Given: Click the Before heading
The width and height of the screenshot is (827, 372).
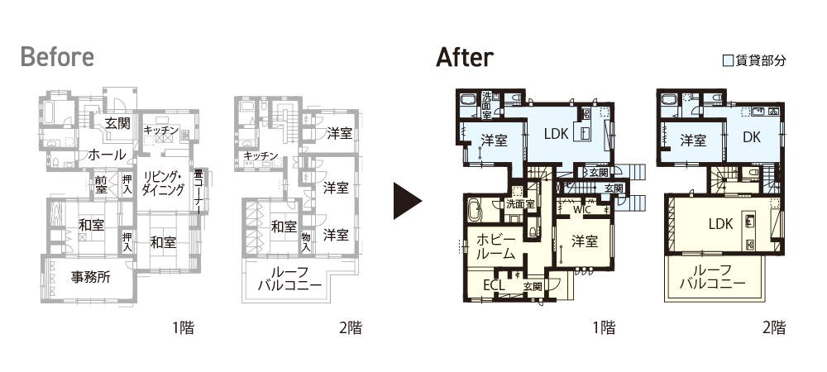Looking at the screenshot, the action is [57, 57].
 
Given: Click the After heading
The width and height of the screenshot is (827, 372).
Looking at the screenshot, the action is [465, 57].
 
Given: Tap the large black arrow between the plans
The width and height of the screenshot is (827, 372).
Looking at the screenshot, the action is [408, 201].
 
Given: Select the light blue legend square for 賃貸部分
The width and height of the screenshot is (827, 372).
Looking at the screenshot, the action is [728, 60].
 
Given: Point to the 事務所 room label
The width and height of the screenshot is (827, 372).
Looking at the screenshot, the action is [91, 277].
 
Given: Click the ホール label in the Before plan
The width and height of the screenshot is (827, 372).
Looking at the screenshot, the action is [107, 155].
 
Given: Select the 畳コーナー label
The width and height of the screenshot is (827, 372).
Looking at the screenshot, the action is [198, 191].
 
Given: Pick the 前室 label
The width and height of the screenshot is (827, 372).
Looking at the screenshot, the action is [101, 183].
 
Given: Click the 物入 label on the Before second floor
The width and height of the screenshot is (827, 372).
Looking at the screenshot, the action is [306, 241].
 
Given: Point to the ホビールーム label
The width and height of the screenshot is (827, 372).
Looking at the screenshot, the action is [495, 246].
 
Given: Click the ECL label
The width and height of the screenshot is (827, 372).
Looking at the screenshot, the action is [495, 285].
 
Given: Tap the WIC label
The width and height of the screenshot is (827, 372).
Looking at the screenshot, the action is [581, 209].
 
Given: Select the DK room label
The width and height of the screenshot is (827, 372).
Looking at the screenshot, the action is [751, 137].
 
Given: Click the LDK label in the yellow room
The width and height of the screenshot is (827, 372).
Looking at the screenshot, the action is [720, 224].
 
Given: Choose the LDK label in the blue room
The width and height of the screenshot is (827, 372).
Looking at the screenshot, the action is [556, 134].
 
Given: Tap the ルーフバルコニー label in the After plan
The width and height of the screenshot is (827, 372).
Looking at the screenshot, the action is [713, 277].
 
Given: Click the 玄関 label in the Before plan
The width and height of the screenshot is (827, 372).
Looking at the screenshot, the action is [117, 123].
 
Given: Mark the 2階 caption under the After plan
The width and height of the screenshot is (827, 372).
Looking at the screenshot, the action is [774, 327].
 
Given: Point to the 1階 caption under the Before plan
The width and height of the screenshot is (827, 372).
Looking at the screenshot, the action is [183, 327].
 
